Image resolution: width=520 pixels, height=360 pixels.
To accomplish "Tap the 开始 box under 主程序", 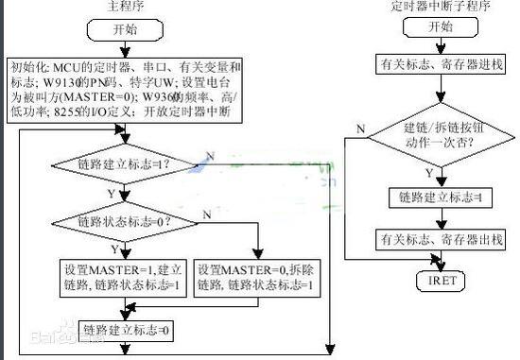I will coord(125,30).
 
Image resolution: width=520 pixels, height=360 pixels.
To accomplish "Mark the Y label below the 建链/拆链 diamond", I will coord(429,174).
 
